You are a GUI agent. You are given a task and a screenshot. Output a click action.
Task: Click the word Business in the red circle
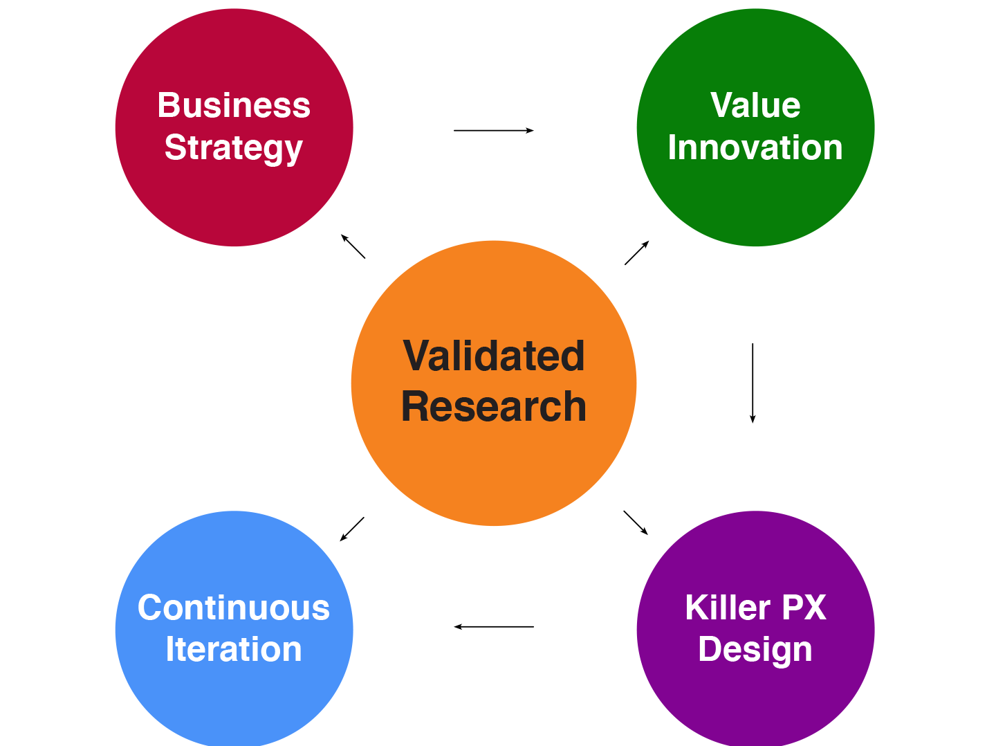click(x=234, y=105)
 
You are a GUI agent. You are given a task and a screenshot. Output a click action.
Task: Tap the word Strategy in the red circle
click(x=233, y=149)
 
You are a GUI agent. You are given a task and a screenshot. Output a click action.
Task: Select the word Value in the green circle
click(x=755, y=105)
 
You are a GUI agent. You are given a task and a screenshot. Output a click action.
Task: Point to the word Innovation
click(x=755, y=147)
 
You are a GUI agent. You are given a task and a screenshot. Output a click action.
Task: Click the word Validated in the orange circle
click(x=494, y=356)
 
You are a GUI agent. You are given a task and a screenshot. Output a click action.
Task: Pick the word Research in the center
click(x=494, y=407)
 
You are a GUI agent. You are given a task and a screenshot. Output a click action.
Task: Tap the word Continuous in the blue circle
click(x=234, y=608)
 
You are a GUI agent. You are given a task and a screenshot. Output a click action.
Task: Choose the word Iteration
click(x=234, y=649)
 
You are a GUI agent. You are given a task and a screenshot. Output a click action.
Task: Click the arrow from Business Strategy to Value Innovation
click(x=494, y=131)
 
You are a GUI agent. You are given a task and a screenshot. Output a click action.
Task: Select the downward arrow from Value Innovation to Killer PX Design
click(x=753, y=383)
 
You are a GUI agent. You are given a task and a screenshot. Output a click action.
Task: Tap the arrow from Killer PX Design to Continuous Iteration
click(x=494, y=627)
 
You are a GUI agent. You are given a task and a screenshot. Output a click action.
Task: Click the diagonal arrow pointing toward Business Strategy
click(x=353, y=246)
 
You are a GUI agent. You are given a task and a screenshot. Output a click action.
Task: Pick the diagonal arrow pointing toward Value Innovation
click(x=637, y=253)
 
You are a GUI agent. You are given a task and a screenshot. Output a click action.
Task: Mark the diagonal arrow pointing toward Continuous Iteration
click(x=352, y=529)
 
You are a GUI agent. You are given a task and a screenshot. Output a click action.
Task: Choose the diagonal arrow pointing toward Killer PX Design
click(x=636, y=522)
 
